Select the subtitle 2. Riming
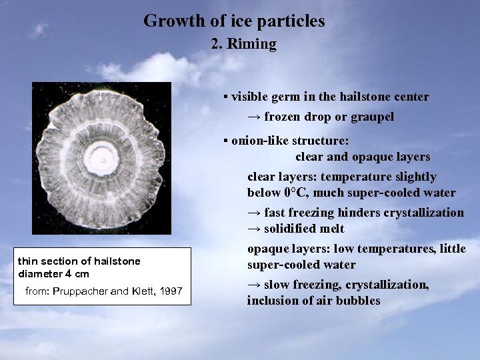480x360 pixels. coord(243,45)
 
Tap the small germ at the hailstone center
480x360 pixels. coord(103,160)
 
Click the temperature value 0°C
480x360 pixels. coord(297,193)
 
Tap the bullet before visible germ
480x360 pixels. coord(226,97)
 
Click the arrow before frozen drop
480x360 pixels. coord(253,117)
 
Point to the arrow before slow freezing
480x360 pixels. coord(253,285)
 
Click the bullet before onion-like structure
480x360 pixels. coord(226,141)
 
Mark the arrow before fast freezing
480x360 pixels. coord(253,213)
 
